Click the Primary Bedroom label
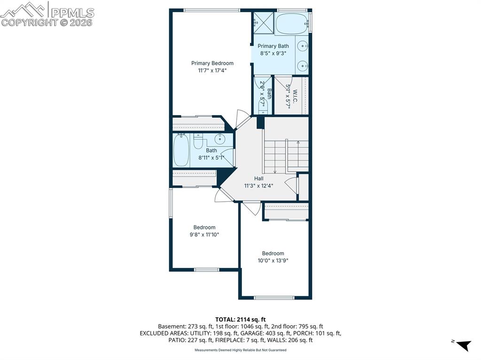click(x=212, y=63)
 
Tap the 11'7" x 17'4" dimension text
click(x=212, y=70)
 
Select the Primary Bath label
click(x=273, y=46)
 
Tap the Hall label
click(x=259, y=178)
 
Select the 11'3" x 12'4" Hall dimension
click(x=259, y=185)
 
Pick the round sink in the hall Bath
click(x=220, y=139)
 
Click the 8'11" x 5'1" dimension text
click(x=211, y=158)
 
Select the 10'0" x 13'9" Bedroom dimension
click(x=273, y=260)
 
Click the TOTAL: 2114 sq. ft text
click(x=240, y=319)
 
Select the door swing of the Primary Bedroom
click(x=243, y=119)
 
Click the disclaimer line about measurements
click(x=240, y=350)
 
